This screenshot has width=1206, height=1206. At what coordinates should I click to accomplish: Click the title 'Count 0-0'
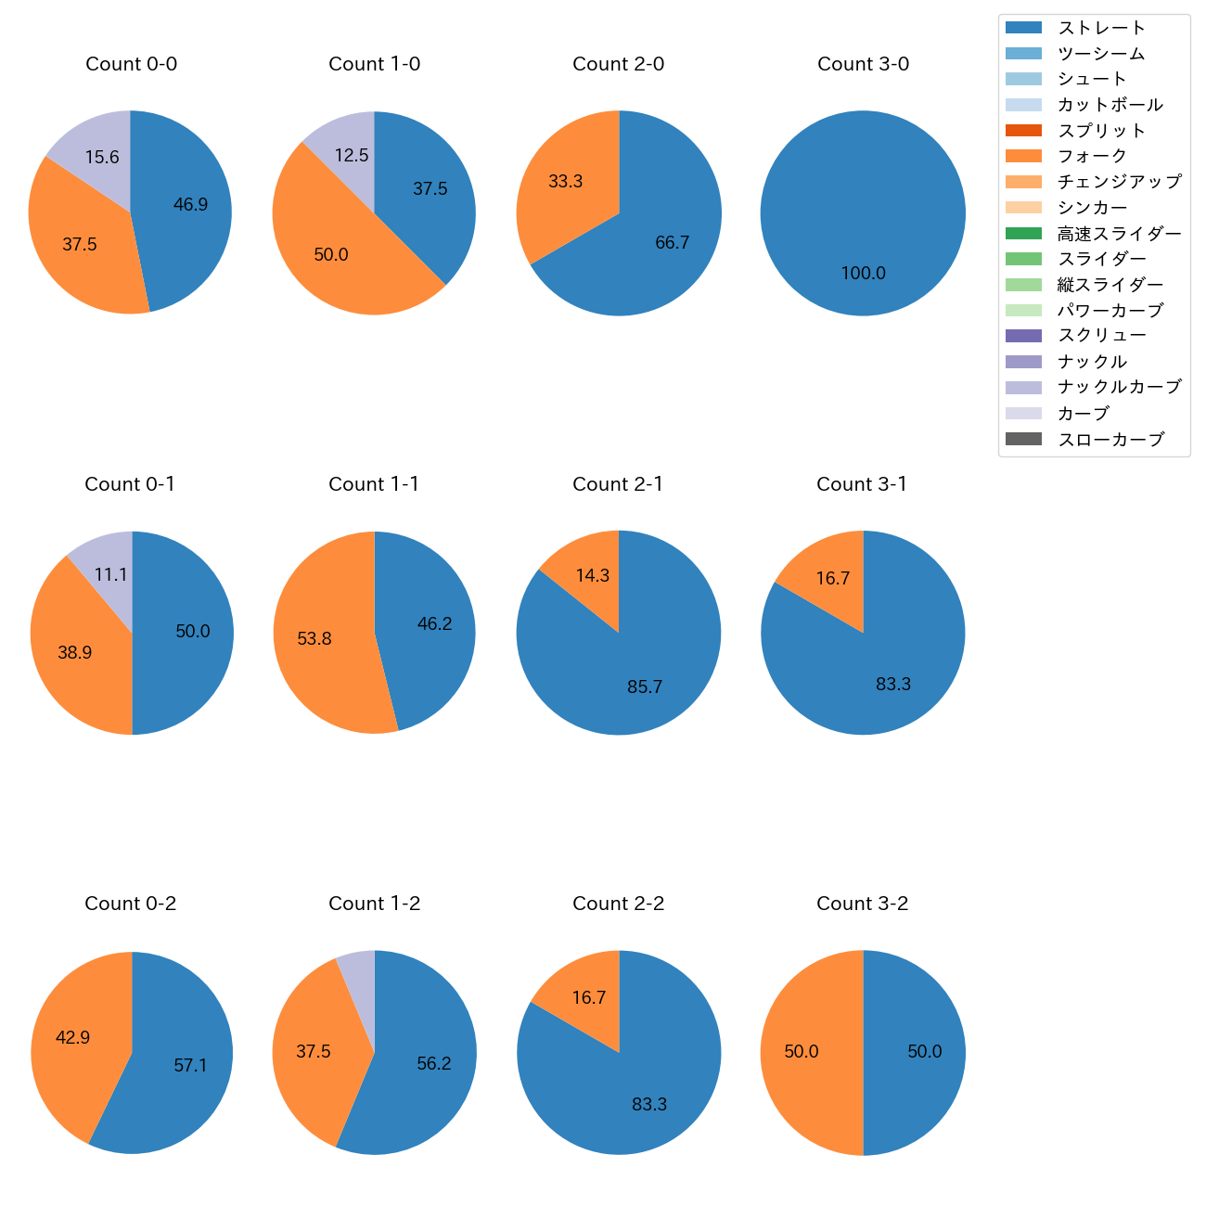(131, 64)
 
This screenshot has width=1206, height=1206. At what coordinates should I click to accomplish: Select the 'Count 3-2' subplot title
(862, 904)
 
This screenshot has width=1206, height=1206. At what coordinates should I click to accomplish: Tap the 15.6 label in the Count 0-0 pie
(102, 157)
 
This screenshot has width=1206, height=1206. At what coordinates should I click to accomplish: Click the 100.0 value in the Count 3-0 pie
(863, 273)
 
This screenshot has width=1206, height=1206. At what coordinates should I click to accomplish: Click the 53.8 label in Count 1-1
(314, 638)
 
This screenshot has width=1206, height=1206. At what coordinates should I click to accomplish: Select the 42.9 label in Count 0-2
(72, 1037)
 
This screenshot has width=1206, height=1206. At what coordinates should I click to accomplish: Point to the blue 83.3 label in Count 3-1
(893, 684)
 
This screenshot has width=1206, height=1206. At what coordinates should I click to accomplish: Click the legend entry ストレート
(1101, 28)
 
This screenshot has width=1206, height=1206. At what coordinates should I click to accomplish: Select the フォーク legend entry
(1092, 156)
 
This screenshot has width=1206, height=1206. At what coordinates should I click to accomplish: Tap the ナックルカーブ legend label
(1119, 387)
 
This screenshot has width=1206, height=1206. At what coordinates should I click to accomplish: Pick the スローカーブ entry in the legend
(1110, 439)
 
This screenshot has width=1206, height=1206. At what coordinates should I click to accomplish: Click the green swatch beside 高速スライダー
(1023, 233)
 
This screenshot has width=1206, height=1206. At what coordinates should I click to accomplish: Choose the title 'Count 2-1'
(618, 484)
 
